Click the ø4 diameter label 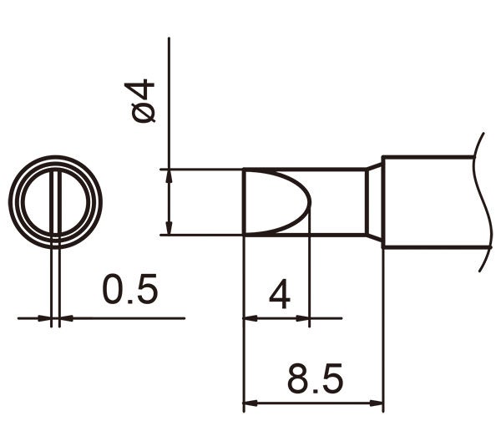(x=144, y=100)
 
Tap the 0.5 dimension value (x=129, y=291)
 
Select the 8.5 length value (x=314, y=380)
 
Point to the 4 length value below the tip (x=280, y=295)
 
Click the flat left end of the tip (x=243, y=201)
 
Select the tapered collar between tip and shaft (x=375, y=201)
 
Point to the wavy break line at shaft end (x=483, y=201)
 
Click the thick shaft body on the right (x=430, y=201)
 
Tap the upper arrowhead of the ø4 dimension (x=170, y=175)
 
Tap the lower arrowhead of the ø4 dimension (x=170, y=228)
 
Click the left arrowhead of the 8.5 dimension (x=249, y=400)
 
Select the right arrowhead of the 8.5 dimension (x=377, y=400)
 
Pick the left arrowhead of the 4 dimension (x=249, y=318)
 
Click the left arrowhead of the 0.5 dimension (x=44, y=318)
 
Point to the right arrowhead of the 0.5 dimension (x=66, y=318)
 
